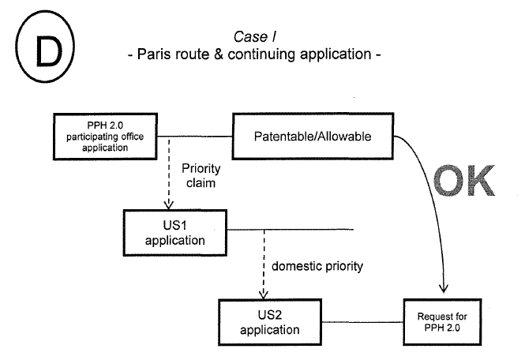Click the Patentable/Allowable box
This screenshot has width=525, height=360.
coord(312,137)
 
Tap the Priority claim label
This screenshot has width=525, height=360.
coord(201,175)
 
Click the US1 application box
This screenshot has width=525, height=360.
coord(169,228)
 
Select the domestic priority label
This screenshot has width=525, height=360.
coord(317,266)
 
